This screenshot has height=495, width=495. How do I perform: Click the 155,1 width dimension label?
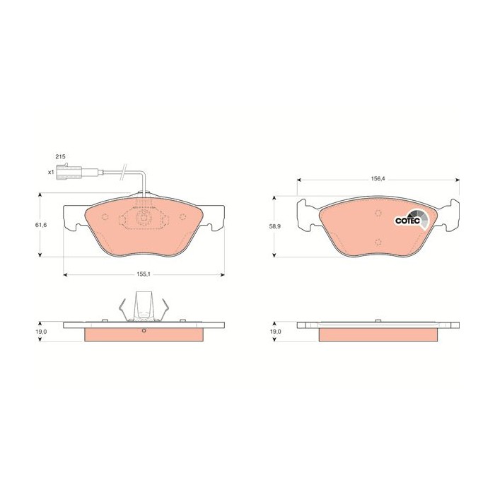[x=144, y=274]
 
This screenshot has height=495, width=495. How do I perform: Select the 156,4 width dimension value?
[x=378, y=179]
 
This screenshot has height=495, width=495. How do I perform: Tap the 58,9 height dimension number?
[x=275, y=226]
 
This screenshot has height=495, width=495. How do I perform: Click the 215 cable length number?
[x=60, y=156]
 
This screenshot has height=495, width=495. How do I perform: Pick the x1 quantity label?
[x=51, y=173]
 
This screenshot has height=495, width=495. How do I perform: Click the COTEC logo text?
[x=407, y=221]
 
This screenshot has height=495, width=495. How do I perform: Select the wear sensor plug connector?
[x=69, y=172]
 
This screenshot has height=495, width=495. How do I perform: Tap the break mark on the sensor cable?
[x=124, y=173]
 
